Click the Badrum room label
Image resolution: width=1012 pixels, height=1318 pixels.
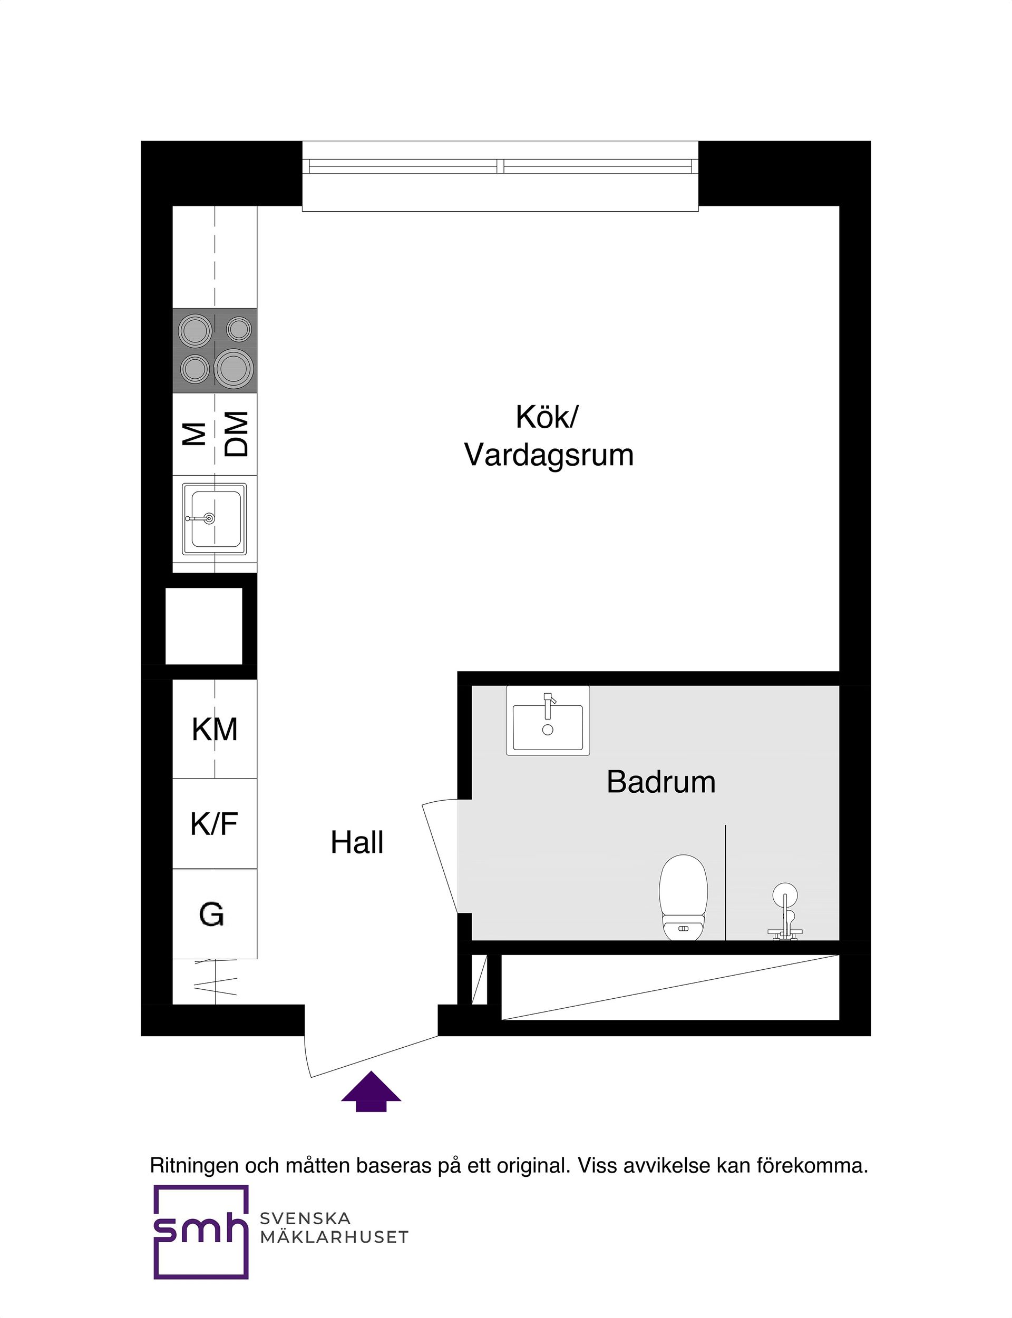click(661, 782)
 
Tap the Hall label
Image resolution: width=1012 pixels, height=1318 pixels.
click(357, 842)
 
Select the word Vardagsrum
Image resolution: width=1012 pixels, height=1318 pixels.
click(549, 455)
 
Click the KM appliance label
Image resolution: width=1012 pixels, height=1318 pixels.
click(215, 729)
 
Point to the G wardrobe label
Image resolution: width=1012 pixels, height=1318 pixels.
click(211, 914)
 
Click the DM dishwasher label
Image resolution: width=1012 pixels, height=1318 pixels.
click(237, 434)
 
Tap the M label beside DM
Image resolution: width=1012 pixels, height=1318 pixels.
click(194, 434)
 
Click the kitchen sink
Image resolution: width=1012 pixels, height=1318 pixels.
click(215, 518)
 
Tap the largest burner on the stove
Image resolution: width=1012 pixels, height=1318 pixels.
click(233, 367)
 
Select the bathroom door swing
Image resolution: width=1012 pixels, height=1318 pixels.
click(441, 855)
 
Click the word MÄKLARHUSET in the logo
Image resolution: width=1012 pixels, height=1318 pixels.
click(334, 1237)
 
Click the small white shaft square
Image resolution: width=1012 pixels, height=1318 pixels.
click(203, 626)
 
